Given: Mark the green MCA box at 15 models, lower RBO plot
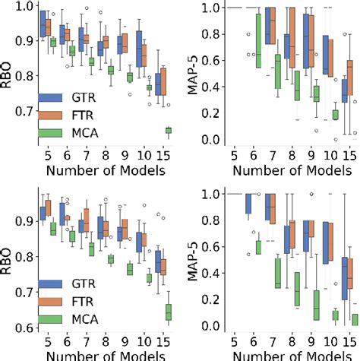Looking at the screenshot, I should tap(168, 312).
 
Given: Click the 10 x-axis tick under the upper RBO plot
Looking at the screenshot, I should tap(145, 154).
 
